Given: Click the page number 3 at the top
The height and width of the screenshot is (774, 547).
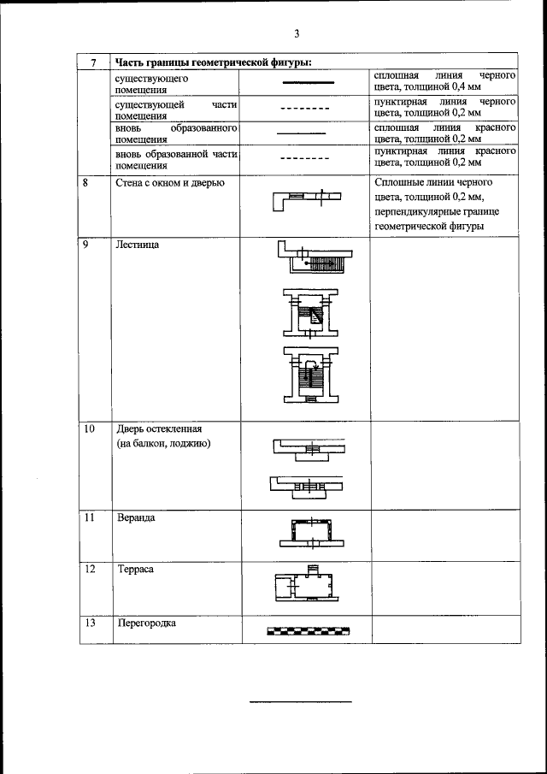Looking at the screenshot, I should click(296, 34).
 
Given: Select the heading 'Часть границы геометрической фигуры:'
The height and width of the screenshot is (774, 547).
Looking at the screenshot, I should click(213, 62).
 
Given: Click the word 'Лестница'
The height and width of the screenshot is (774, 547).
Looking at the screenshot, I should click(138, 245).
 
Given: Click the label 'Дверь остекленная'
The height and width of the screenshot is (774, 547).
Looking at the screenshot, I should click(161, 428).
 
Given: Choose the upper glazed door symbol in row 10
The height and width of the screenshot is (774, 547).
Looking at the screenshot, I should click(309, 448).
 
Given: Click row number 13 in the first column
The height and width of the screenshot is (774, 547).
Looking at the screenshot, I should click(89, 623).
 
